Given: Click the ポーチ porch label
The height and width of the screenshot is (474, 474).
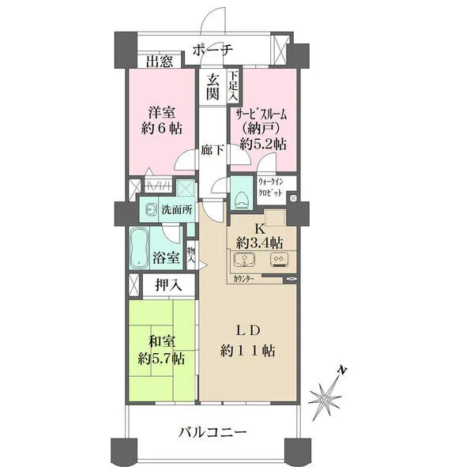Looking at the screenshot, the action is [213, 50].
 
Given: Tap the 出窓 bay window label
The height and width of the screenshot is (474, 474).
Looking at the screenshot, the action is [160, 61].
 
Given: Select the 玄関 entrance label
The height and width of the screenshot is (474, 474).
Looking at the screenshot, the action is [213, 87].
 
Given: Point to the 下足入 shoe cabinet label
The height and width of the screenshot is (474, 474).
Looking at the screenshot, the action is [233, 85].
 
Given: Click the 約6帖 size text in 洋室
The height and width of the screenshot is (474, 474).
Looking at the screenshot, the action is [162, 129].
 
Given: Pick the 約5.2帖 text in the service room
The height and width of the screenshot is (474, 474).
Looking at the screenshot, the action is [263, 145].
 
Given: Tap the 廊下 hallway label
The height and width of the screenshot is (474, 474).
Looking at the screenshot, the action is [213, 150].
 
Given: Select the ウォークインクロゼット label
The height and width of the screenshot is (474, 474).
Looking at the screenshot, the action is [270, 187].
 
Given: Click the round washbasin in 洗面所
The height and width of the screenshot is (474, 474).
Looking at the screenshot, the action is [150, 209].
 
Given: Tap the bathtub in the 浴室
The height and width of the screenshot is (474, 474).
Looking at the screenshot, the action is [139, 248].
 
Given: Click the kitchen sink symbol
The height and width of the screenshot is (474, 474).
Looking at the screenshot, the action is [244, 260].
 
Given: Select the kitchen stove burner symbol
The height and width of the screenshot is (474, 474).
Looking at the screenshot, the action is [279, 260].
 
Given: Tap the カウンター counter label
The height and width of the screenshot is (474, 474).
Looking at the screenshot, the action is [243, 279].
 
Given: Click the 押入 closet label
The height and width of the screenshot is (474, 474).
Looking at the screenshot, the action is [169, 284].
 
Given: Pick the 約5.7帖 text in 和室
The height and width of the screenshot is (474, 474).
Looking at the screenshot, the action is [161, 359].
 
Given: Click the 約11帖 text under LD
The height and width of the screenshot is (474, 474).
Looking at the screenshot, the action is [247, 351].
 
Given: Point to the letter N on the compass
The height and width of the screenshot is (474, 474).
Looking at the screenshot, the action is [343, 370].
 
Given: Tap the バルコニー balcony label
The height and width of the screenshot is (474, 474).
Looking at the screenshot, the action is [213, 433].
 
